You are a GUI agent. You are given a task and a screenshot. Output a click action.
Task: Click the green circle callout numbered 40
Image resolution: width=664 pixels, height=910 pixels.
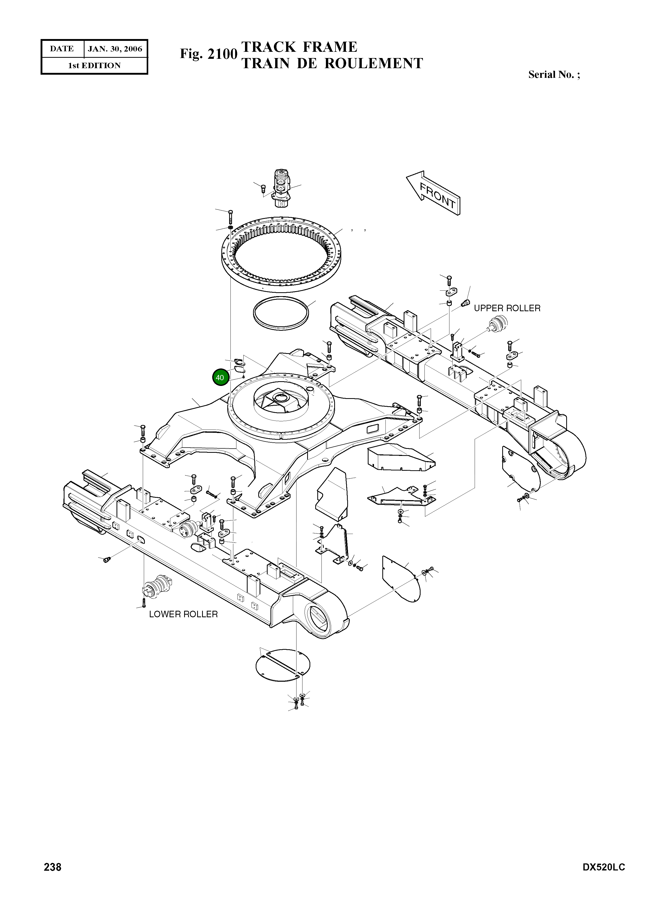pyautogui.click(x=220, y=378)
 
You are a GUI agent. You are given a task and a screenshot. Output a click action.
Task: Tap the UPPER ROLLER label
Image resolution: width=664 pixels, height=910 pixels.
pyautogui.click(x=507, y=308)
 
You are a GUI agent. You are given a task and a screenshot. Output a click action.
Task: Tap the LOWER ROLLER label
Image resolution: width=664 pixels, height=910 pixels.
pyautogui.click(x=183, y=614)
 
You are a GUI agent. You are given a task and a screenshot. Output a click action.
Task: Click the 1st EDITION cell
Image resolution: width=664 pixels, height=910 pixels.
pyautogui.click(x=94, y=66)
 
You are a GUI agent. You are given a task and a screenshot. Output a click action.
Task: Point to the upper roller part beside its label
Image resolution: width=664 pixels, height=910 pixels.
pyautogui.click(x=497, y=324)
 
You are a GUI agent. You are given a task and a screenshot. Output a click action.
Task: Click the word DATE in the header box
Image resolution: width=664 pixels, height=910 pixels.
pyautogui.click(x=62, y=49)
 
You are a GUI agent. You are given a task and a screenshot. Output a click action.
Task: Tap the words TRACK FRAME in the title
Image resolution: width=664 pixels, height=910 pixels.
pyautogui.click(x=299, y=47)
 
